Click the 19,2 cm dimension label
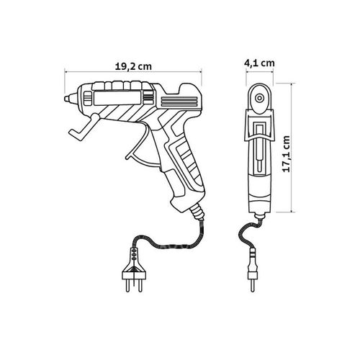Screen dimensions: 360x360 tap(133, 66)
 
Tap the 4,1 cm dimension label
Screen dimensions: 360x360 tap(259, 63)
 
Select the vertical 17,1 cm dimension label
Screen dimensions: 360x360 tap(286, 154)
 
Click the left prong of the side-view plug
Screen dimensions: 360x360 tap(128, 285)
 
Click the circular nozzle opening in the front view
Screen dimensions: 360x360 tap(259, 98)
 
